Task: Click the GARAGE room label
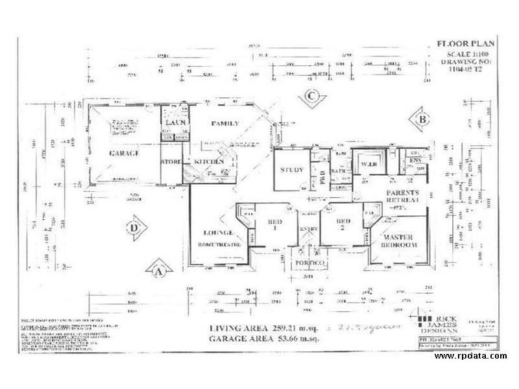click(x=125, y=153)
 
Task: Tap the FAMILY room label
click(x=224, y=123)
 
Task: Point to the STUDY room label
click(x=292, y=170)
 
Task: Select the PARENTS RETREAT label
click(x=403, y=197)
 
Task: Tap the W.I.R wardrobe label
click(x=368, y=163)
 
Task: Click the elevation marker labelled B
click(x=422, y=119)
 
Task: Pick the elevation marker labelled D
click(x=132, y=228)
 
